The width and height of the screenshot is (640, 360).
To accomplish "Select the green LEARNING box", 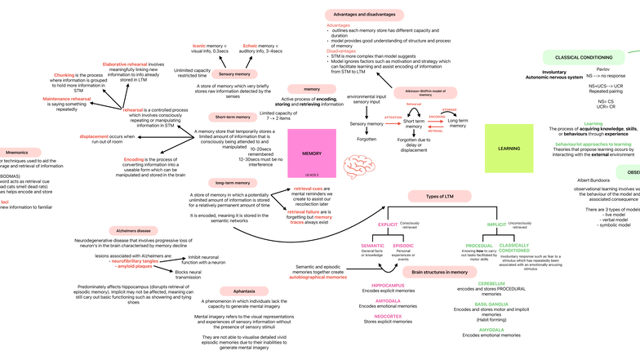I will coord(509,149).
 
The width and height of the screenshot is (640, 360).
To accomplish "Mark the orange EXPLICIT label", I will coord(387,223).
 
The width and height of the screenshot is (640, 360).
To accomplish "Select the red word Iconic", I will coord(198,47).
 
